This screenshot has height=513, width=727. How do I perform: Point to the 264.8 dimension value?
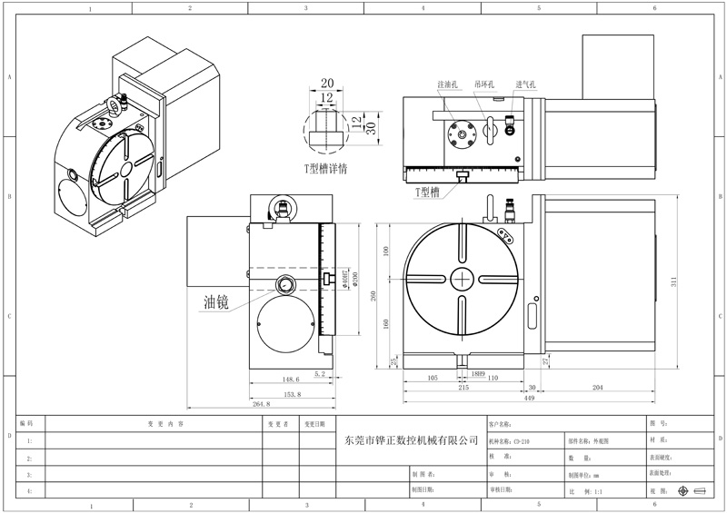click(x=264, y=405)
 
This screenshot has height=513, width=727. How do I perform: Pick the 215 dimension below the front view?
click(x=464, y=387)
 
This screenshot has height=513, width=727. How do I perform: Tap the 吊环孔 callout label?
click(x=484, y=84)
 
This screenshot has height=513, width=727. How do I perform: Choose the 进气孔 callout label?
click(x=525, y=84)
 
